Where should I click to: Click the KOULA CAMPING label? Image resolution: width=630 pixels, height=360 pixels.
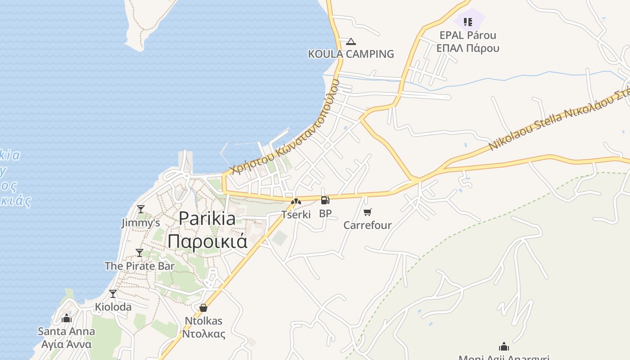[x=351, y=54]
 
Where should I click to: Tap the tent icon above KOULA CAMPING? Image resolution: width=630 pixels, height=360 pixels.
[x=351, y=42]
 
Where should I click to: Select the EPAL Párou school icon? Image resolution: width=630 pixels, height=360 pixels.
[x=468, y=22]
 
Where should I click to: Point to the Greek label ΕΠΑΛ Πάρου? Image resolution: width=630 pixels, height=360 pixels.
[x=468, y=48]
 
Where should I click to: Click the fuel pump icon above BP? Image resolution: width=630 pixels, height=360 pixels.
[x=325, y=200]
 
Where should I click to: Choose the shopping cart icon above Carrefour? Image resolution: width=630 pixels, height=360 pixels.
[x=368, y=212]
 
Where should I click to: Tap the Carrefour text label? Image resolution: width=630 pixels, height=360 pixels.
[x=367, y=225]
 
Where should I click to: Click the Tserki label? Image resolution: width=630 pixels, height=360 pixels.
[x=296, y=215]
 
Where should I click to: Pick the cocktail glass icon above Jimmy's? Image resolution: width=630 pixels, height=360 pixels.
[x=141, y=209]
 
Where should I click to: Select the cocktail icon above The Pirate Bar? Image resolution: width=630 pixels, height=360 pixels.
[x=139, y=252]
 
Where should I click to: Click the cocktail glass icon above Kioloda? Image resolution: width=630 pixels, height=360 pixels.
[x=113, y=294]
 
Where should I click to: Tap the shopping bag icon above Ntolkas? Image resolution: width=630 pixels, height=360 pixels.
[x=203, y=308]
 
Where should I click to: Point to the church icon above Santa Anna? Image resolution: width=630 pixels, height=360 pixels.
[x=67, y=318]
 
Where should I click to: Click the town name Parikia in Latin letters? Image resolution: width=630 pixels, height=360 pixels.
[x=207, y=219]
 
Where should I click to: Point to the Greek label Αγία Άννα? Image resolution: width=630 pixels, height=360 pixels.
[x=66, y=345]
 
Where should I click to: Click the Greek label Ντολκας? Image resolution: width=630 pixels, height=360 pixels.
[x=203, y=334]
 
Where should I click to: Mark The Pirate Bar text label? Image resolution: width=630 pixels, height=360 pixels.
[x=139, y=266]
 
